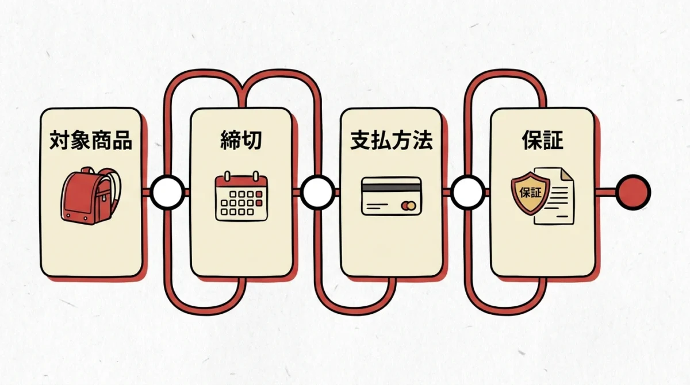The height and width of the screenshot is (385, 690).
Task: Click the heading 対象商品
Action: point(91,140)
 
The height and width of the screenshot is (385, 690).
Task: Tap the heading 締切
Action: point(241,140)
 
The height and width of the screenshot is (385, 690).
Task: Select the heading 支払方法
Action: point(392,140)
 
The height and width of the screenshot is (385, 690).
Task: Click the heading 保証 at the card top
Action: point(542,140)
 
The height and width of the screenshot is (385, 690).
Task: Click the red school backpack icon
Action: point(91,196)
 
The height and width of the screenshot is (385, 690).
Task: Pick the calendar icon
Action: point(241,196)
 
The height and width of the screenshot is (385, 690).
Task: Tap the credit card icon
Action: point(392,196)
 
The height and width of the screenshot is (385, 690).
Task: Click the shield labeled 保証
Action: point(530,193)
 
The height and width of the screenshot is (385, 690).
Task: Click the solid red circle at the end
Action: point(633,192)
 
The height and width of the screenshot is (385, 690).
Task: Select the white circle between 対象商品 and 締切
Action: point(167,192)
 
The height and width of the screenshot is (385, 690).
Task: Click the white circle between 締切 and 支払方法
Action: point(317,192)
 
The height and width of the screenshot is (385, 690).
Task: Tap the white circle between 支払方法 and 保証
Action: point(468,192)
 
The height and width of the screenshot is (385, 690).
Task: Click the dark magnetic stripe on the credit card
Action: point(392,188)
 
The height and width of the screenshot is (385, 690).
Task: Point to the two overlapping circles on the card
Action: point(409,206)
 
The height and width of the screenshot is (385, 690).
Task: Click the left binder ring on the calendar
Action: point(227,176)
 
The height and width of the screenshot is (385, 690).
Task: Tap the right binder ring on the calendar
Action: point(256,176)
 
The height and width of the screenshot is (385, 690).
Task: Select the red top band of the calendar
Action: point(241,182)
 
